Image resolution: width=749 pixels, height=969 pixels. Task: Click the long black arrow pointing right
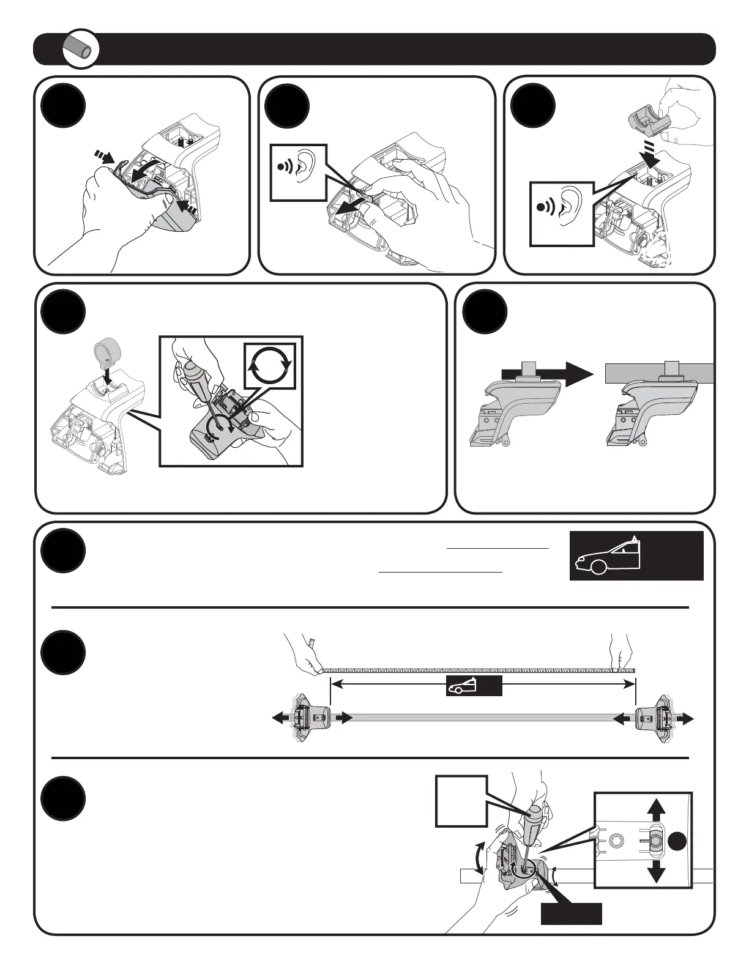click(546, 373)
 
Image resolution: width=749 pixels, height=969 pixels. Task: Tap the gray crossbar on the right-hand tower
click(659, 373)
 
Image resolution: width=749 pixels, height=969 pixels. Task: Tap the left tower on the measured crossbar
click(311, 719)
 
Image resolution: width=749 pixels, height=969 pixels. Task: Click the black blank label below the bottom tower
click(571, 913)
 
